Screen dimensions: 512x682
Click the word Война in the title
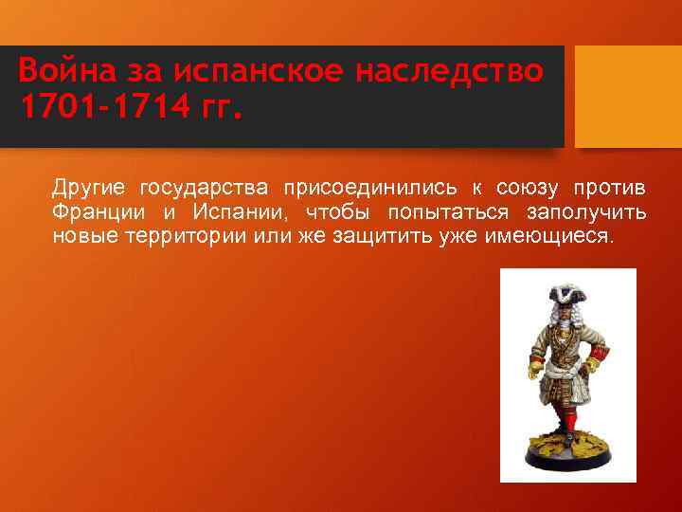click(x=61, y=71)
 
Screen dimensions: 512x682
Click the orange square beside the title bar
click(x=628, y=95)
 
